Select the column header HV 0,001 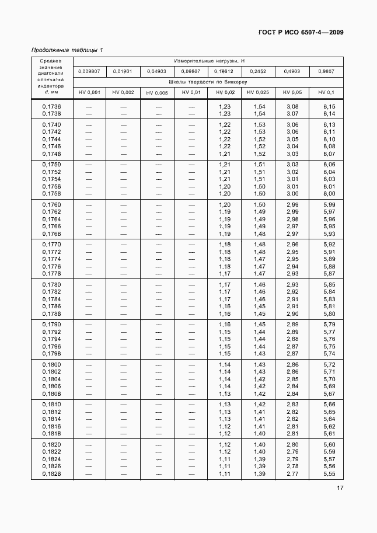pos(89,92)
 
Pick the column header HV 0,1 pos(326,92)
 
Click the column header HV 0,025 pos(258,92)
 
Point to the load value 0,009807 pos(89,71)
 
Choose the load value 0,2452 pos(258,71)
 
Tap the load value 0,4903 pos(292,71)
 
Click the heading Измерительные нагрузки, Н pos(208,61)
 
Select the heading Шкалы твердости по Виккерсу pos(208,82)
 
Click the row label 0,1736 pos(51,106)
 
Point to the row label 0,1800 pos(51,364)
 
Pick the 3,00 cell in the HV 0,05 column pos(292,193)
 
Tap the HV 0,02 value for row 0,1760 pos(225,205)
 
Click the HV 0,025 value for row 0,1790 pos(259,325)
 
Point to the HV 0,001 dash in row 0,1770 pos(89,245)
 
